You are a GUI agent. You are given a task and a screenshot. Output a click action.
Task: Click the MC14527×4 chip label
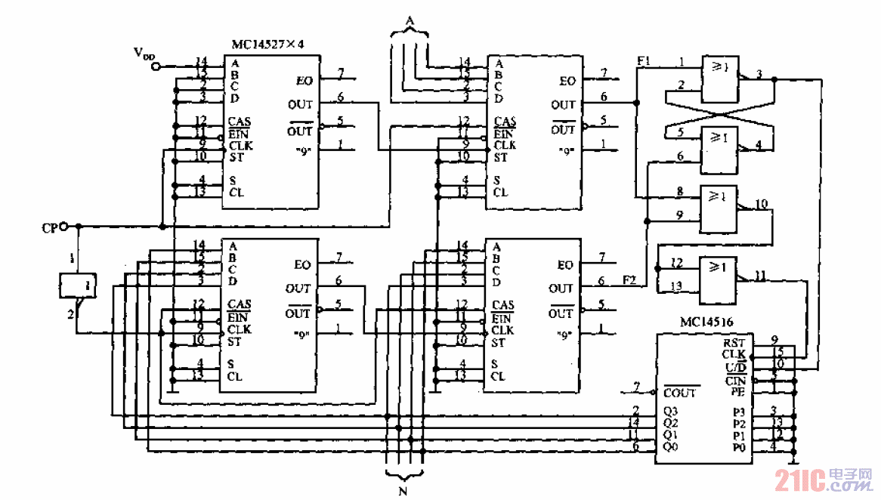tap(267, 45)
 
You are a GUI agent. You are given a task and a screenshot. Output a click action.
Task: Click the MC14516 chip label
tap(685, 321)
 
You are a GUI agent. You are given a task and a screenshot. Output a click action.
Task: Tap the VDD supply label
tap(144, 53)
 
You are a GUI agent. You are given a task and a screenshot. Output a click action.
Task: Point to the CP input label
tap(50, 226)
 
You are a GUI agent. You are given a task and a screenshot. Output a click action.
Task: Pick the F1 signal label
tap(644, 60)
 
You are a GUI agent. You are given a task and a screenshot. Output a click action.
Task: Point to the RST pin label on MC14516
tap(733, 342)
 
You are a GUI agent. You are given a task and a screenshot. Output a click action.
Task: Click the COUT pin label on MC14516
tap(680, 394)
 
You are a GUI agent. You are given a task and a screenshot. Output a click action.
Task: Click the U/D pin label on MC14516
tap(734, 367)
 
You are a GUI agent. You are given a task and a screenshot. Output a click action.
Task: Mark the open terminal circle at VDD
tap(156, 66)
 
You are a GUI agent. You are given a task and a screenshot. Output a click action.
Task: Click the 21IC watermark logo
tap(824, 478)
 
